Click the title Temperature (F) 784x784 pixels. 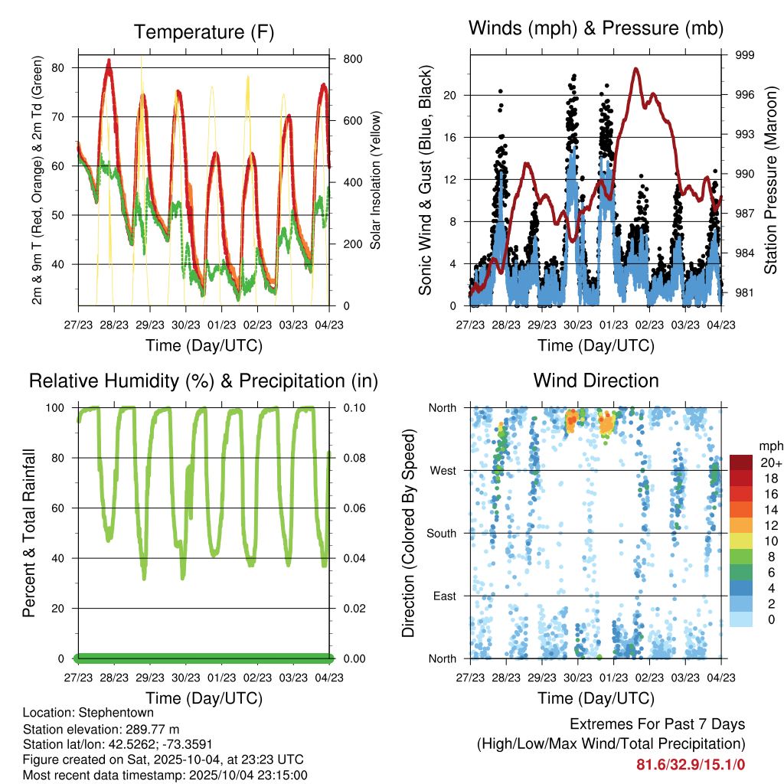203,32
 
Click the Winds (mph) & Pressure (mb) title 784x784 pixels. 596,28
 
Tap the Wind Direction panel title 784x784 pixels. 596,381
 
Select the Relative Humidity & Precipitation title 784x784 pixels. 203,381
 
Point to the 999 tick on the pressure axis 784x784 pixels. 745,55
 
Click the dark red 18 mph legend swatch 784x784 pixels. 740,477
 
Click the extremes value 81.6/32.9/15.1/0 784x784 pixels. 691,764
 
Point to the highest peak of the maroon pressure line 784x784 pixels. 636,69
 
